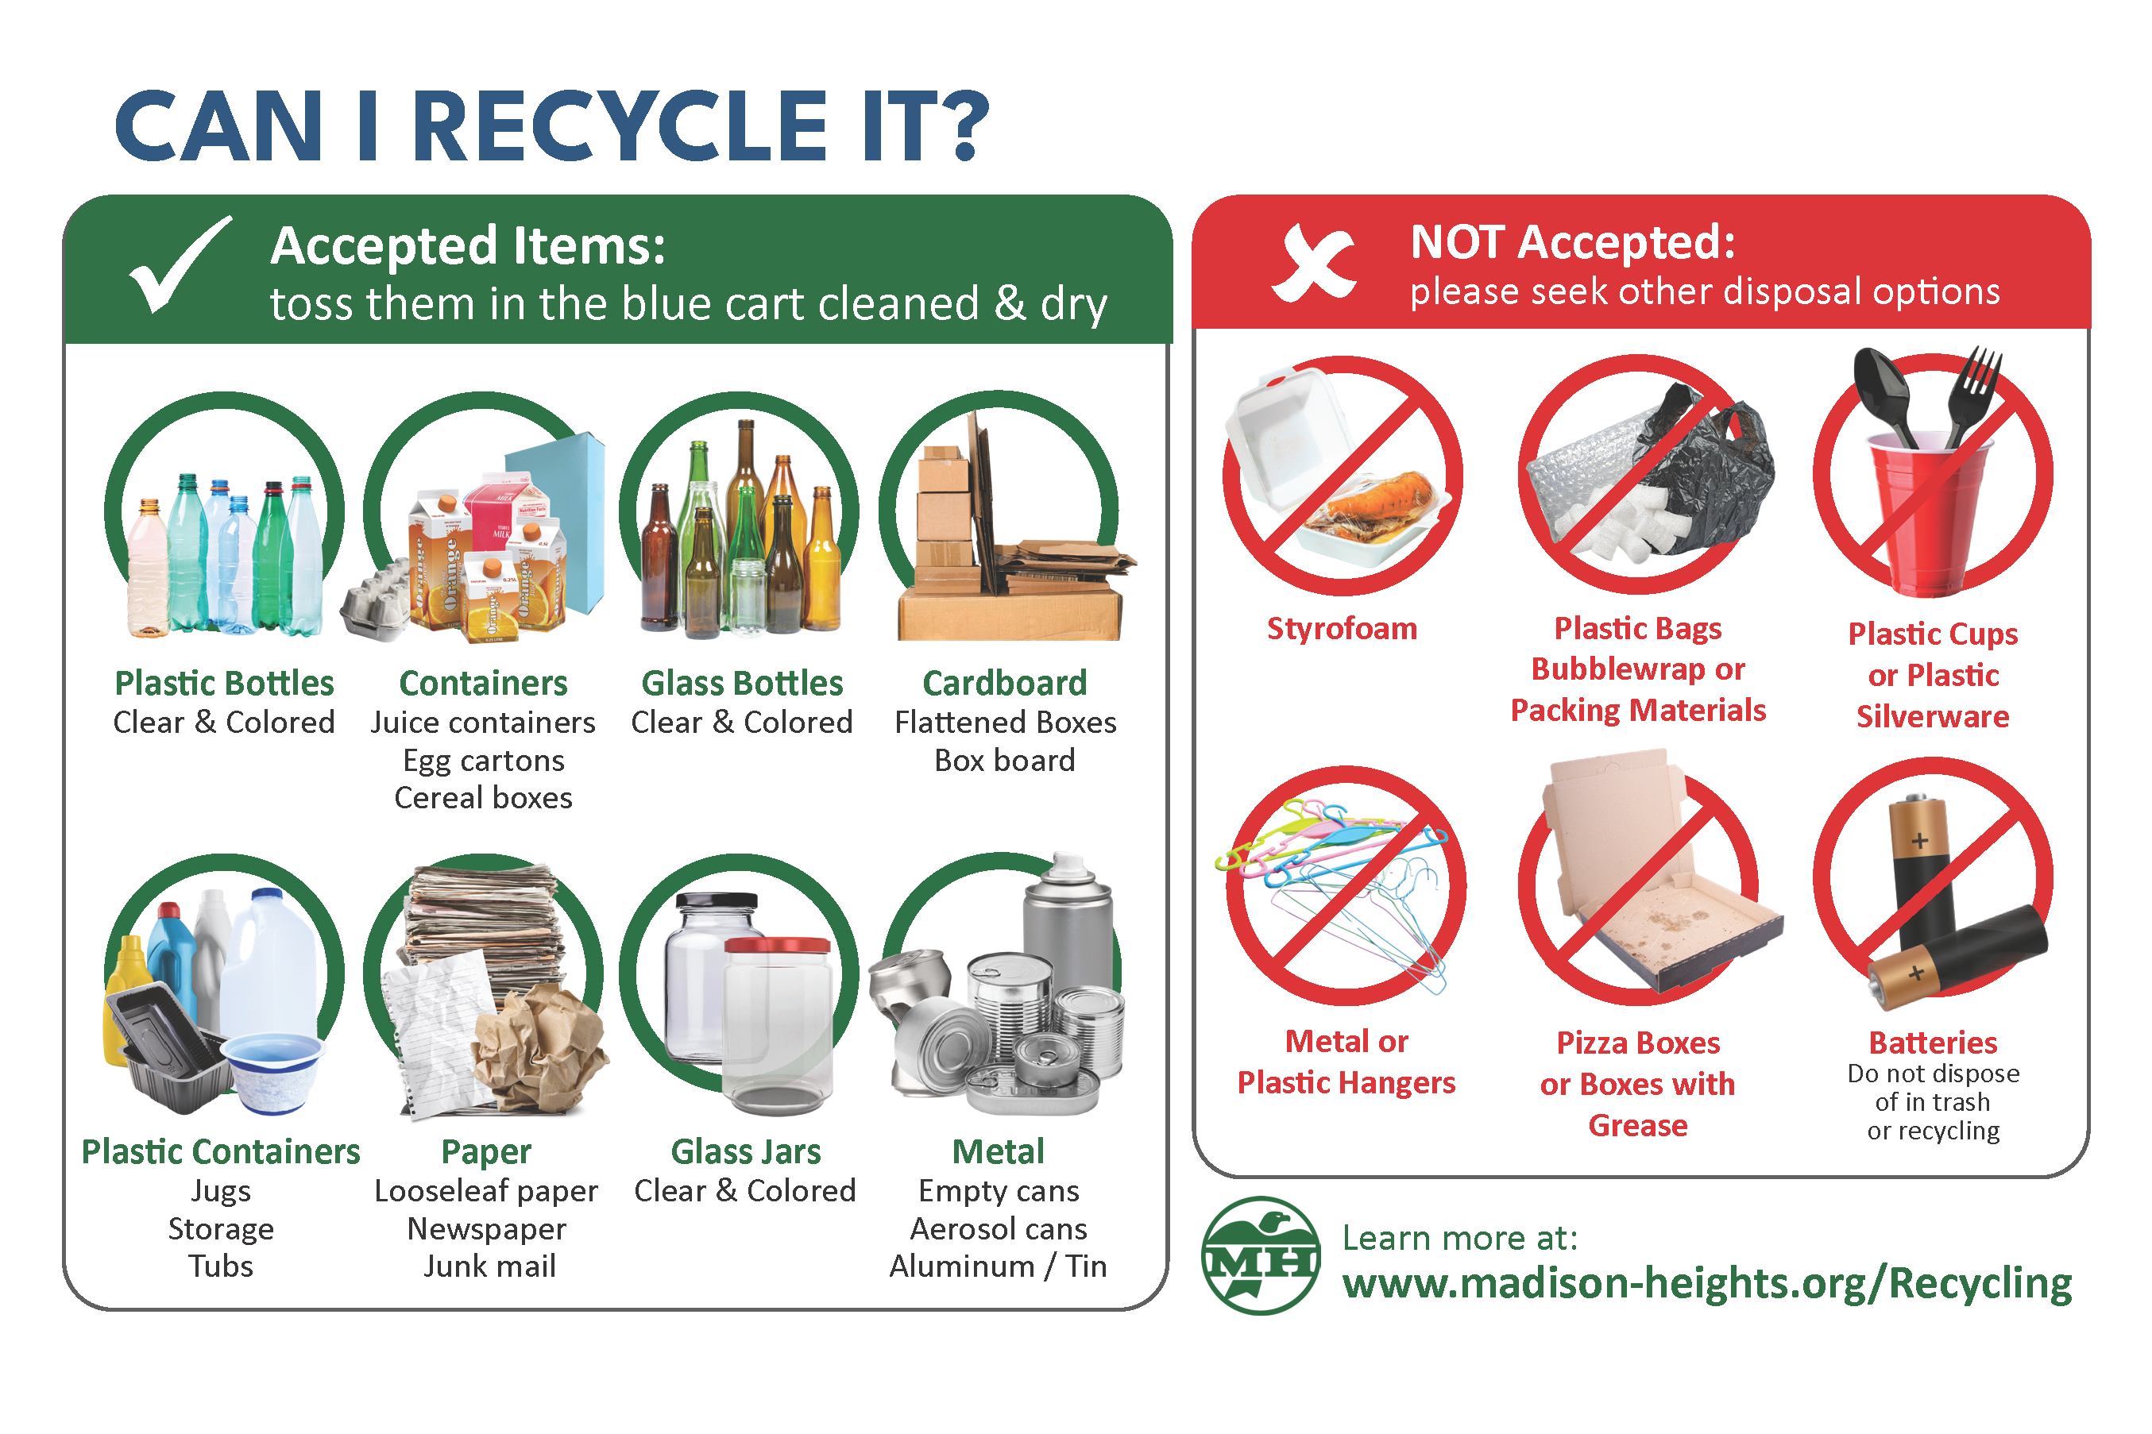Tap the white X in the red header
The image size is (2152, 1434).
coord(1313,264)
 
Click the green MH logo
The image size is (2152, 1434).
coord(1261,1255)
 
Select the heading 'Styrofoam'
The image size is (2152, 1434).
coord(1342,628)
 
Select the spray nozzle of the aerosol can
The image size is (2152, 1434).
coord(1068,864)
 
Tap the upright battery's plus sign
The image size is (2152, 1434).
coord(1918,840)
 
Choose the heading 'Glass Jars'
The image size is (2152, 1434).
coord(746,1151)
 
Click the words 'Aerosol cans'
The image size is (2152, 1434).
coord(999,1228)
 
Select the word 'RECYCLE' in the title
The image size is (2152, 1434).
coord(620,127)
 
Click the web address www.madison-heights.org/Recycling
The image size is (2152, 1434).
coord(1706,1282)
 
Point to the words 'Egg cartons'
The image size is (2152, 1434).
coord(483,760)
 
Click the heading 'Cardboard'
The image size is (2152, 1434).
coord(1005,683)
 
